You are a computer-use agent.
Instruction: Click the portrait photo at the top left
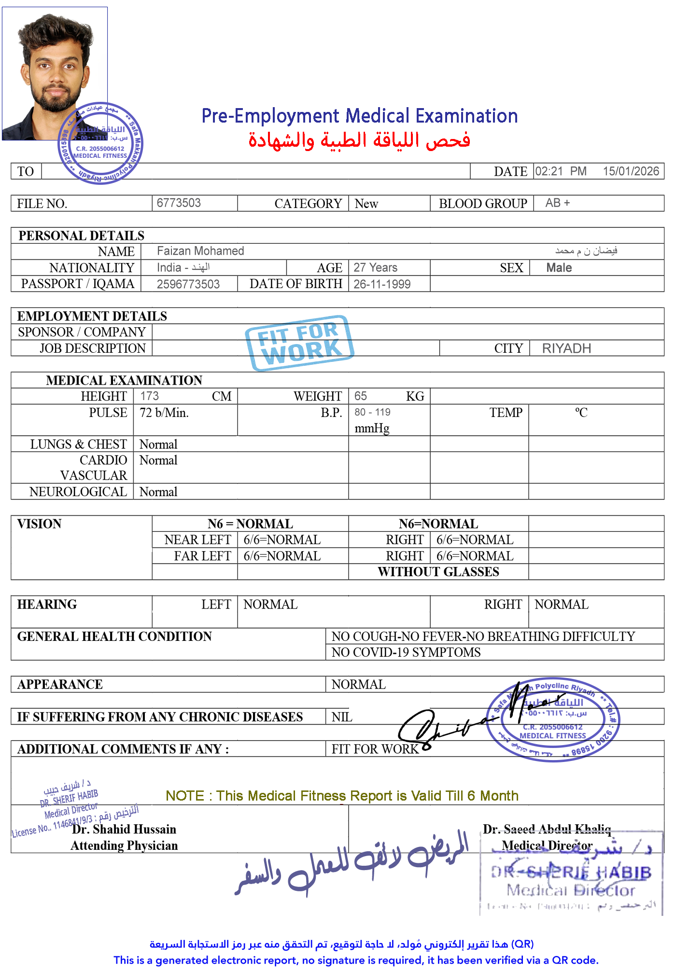click(x=55, y=73)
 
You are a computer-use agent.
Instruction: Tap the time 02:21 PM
click(x=560, y=171)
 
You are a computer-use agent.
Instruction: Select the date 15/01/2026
click(x=630, y=171)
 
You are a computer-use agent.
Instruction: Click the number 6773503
click(x=179, y=203)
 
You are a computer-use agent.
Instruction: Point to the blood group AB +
click(x=557, y=203)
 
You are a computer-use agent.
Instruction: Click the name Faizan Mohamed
click(x=200, y=251)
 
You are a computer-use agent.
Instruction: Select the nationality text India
click(x=169, y=268)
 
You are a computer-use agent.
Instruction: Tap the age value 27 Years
click(x=375, y=268)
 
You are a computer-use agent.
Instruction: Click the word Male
click(x=559, y=268)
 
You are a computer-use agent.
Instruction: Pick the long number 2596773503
click(x=188, y=284)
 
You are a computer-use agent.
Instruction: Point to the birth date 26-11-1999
click(x=382, y=284)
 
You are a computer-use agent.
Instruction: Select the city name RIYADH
click(x=566, y=348)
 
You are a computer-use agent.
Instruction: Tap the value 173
click(x=149, y=396)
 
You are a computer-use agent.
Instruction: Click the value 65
click(x=360, y=396)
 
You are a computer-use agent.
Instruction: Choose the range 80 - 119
click(x=372, y=413)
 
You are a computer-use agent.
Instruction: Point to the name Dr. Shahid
click(x=101, y=830)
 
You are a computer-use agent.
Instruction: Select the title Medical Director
click(x=547, y=845)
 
